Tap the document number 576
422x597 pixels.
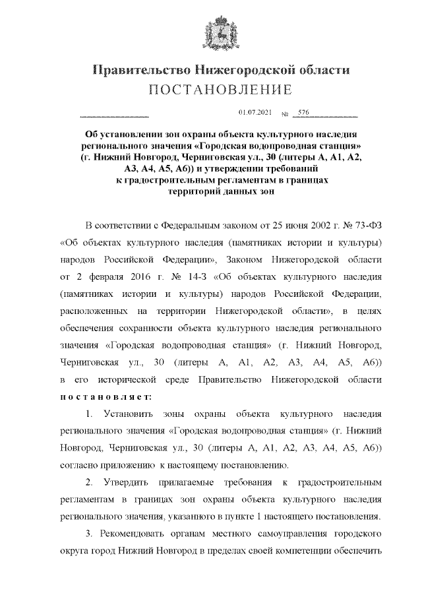[x=303, y=113]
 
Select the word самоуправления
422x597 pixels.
[x=286, y=534]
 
